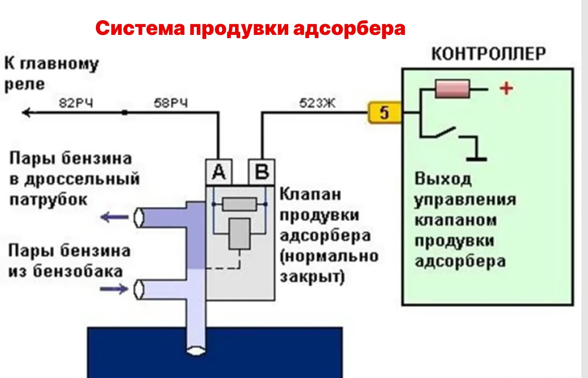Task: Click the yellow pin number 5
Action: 385,113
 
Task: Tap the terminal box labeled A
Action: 219,172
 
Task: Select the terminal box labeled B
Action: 262,172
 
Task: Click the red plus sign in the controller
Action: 506,88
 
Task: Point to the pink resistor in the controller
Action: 452,89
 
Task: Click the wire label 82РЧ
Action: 76,103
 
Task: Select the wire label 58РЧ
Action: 171,103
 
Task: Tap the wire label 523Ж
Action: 317,103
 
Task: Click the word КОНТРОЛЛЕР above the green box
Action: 488,54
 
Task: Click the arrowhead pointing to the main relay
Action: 27,112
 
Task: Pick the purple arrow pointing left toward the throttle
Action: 114,216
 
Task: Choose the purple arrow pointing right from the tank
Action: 114,288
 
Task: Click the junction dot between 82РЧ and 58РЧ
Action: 124,112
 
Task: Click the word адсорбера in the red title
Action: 349,28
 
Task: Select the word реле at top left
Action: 24,84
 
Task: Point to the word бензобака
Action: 78,271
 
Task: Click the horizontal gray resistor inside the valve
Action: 239,204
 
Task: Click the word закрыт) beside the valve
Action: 312,277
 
